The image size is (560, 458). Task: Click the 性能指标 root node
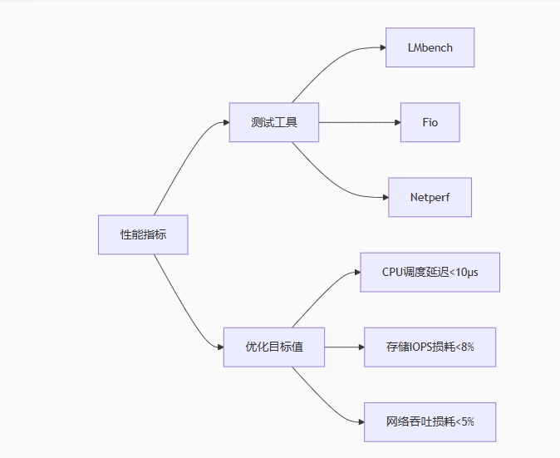(143, 234)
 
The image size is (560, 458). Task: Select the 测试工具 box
(273, 122)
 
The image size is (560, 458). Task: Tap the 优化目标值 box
(273, 347)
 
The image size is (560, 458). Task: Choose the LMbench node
(430, 47)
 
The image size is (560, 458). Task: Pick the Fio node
(430, 122)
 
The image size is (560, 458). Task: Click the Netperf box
(430, 197)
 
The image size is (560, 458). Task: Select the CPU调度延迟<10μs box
(430, 272)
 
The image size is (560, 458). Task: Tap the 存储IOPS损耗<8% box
(430, 347)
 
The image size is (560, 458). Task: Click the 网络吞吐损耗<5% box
(430, 421)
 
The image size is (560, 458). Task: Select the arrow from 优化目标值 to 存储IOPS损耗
(344, 347)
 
